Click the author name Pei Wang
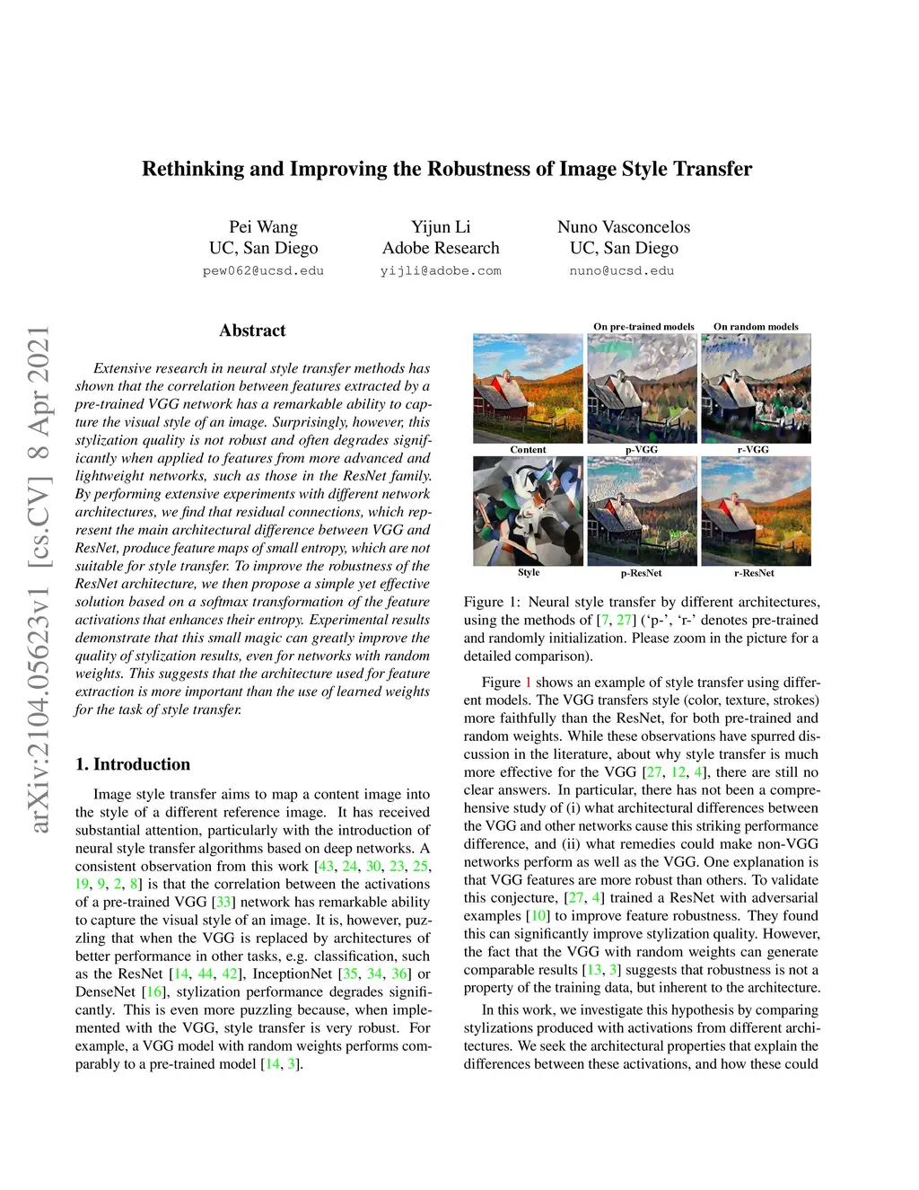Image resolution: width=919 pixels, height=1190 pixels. pyautogui.click(x=263, y=227)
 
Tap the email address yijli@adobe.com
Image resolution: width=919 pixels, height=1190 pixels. pyautogui.click(x=441, y=271)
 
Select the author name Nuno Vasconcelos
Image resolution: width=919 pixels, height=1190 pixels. pyautogui.click(x=624, y=227)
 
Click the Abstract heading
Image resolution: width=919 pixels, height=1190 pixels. pyautogui.click(x=252, y=331)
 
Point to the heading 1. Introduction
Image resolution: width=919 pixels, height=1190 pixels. pyautogui.click(x=133, y=764)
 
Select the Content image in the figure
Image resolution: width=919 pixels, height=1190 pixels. pyautogui.click(x=528, y=388)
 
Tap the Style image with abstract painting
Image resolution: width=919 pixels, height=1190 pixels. pyautogui.click(x=528, y=511)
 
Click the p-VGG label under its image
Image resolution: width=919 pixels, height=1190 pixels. pyautogui.click(x=642, y=450)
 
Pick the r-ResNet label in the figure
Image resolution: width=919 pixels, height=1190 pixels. pyautogui.click(x=754, y=573)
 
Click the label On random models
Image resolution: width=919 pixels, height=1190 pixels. pyautogui.click(x=756, y=327)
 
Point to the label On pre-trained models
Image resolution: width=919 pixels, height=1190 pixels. pyautogui.click(x=643, y=327)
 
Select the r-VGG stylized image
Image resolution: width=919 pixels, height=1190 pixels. pyautogui.click(x=756, y=388)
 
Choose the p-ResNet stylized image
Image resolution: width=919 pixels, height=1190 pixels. pyautogui.click(x=642, y=511)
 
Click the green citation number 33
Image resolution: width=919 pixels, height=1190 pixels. pyautogui.click(x=223, y=903)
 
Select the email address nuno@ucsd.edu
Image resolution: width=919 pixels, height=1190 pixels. pyautogui.click(x=622, y=271)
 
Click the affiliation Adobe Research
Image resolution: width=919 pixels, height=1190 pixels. pyautogui.click(x=441, y=249)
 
